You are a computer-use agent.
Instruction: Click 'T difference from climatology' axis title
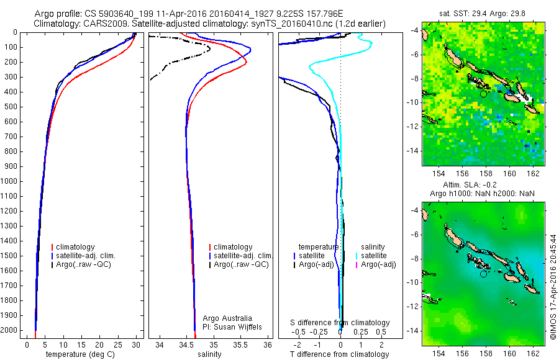click(340, 354)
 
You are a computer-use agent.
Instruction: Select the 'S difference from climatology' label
click(340, 323)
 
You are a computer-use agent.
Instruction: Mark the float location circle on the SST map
click(484, 94)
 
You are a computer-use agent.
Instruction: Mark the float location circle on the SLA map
click(484, 273)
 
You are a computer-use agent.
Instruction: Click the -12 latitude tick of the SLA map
click(416, 306)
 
